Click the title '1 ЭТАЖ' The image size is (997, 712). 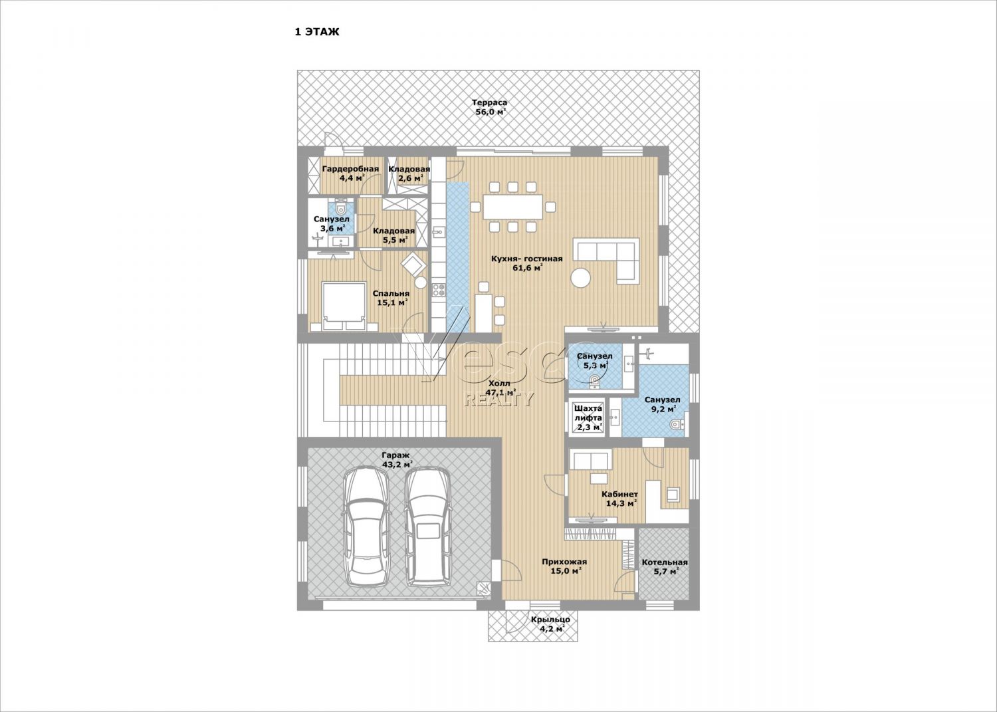coord(317,32)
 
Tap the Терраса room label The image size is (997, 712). coord(490,103)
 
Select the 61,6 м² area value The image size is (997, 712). coord(528,268)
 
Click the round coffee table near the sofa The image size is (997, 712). coord(581,279)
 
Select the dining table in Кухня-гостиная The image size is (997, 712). coord(513,207)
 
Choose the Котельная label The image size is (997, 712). coord(665,562)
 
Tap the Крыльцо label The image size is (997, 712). coord(550,620)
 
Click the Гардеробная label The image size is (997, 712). coord(351,170)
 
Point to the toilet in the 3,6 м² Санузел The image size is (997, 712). coord(342,208)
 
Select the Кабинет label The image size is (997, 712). coord(619,494)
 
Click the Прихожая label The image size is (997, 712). coord(564,562)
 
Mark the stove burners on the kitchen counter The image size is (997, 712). coord(439,290)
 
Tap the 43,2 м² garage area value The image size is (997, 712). coord(397,465)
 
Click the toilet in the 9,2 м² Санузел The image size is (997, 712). coord(676,424)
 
